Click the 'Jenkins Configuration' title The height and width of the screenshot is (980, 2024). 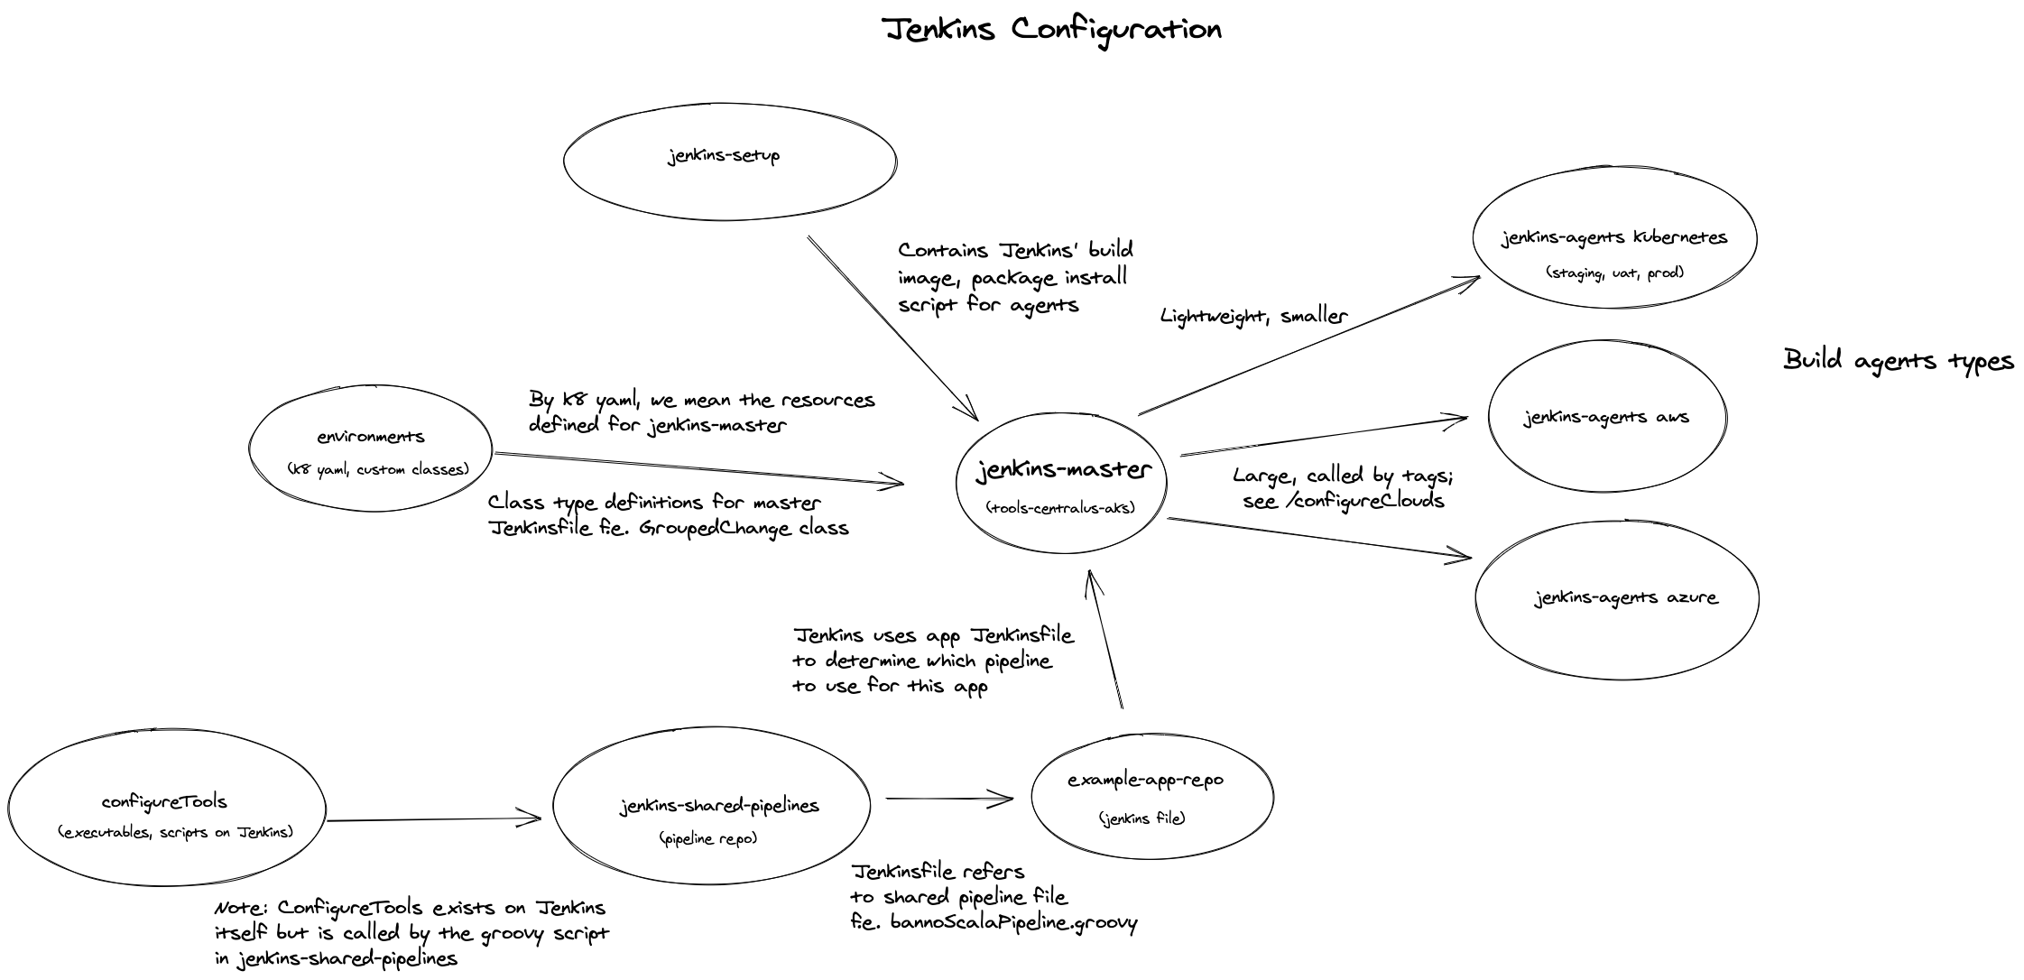(x=1052, y=30)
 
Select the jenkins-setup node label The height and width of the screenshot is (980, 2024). (x=724, y=155)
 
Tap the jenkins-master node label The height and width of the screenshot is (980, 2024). (x=1063, y=470)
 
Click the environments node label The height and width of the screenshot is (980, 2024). (x=370, y=437)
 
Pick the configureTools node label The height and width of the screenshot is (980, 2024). (x=164, y=801)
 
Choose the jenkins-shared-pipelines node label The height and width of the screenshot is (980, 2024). (x=719, y=805)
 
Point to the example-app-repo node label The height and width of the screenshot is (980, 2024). (x=1145, y=780)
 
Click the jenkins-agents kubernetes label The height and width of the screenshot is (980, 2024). (x=1614, y=237)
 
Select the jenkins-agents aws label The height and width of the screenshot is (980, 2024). (x=1606, y=417)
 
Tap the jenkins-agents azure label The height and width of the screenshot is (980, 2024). (x=1626, y=597)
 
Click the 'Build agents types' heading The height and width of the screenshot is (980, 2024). (x=1899, y=360)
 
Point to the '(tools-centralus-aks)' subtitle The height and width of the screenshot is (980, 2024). (x=1061, y=507)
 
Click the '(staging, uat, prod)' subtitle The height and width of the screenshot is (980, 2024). (x=1614, y=272)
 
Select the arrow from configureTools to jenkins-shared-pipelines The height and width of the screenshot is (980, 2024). (x=433, y=819)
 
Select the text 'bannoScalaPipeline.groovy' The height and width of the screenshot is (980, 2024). (x=1013, y=922)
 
